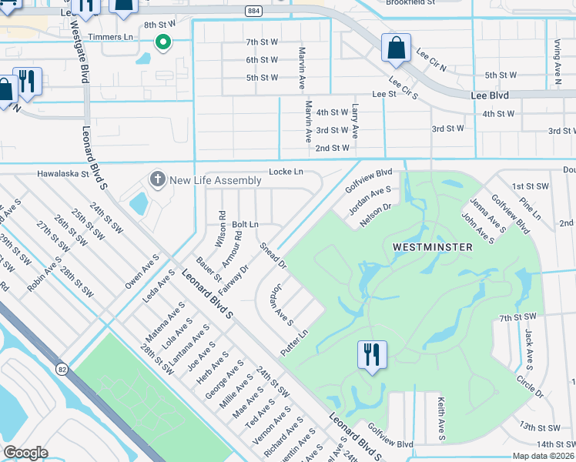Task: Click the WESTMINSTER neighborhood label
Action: pyautogui.click(x=443, y=247)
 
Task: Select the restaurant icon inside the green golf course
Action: pyautogui.click(x=372, y=356)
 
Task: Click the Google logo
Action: pyautogui.click(x=25, y=453)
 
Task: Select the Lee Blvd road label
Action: pyautogui.click(x=490, y=95)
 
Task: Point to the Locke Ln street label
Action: pyautogui.click(x=286, y=171)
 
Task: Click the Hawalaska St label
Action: pyautogui.click(x=64, y=174)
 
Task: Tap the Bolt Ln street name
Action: pyautogui.click(x=245, y=223)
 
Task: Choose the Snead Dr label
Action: pyautogui.click(x=273, y=256)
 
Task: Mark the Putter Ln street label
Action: pyautogui.click(x=294, y=343)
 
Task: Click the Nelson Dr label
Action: pyautogui.click(x=375, y=212)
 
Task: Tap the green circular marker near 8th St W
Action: pyautogui.click(x=162, y=42)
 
